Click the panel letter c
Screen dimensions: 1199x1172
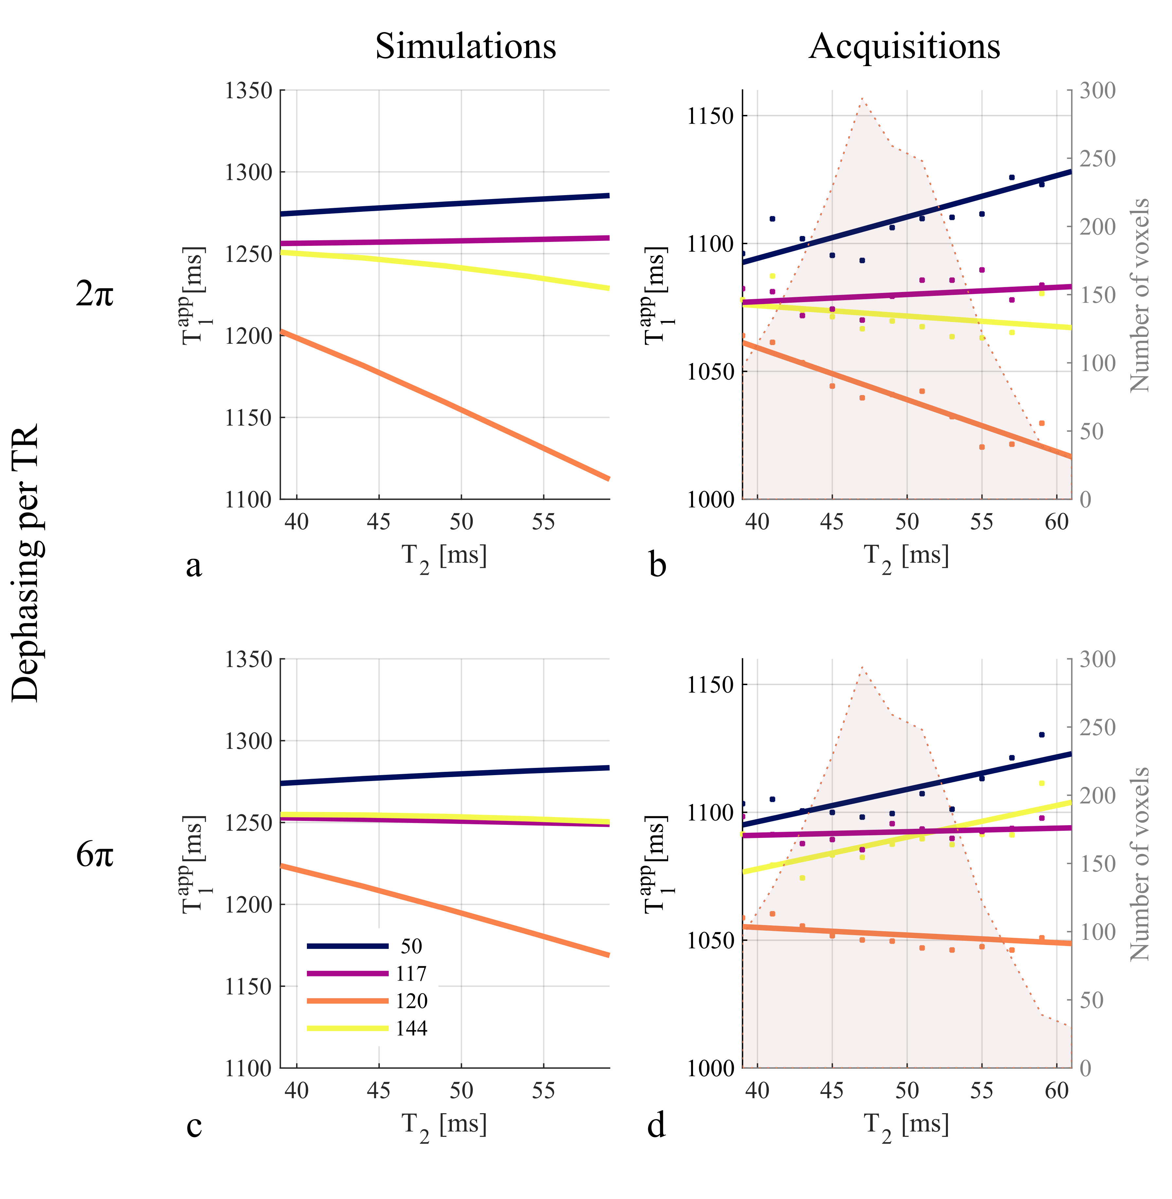(194, 1126)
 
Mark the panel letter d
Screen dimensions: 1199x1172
(656, 1126)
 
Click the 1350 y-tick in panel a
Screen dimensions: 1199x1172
(248, 91)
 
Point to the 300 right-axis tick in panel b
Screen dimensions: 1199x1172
(1097, 91)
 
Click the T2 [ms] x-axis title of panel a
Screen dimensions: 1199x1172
(444, 557)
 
